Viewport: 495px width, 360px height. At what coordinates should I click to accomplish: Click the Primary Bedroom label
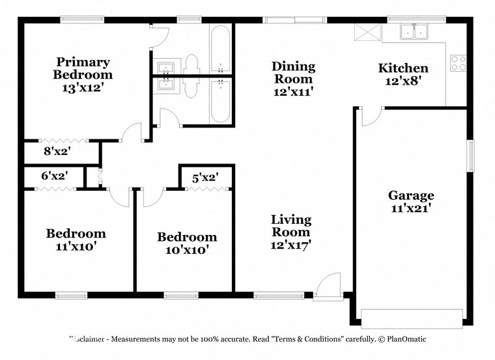(x=81, y=68)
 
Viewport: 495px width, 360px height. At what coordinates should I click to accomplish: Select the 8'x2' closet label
(x=57, y=152)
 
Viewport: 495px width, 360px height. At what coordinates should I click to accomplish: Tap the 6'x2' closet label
(x=55, y=176)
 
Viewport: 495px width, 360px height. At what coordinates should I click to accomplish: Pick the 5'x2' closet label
(x=205, y=176)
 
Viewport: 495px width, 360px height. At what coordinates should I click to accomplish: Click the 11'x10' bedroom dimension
(x=76, y=247)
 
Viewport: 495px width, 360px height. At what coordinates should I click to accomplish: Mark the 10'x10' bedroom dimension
(x=187, y=249)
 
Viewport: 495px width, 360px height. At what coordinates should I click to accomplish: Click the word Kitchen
(x=403, y=68)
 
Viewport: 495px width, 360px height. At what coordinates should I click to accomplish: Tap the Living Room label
(x=291, y=226)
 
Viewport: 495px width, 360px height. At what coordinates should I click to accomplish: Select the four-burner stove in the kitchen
(x=459, y=62)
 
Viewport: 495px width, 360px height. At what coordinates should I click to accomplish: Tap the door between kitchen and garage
(x=371, y=117)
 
